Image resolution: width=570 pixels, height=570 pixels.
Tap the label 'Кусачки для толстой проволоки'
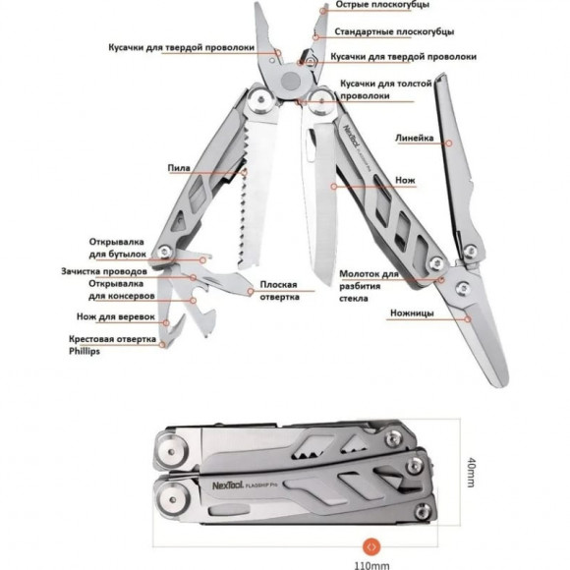tap(386, 90)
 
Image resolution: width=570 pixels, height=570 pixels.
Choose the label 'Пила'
tap(179, 168)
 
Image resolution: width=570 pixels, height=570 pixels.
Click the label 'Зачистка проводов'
tap(103, 270)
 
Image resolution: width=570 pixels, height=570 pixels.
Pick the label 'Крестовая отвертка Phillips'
tap(112, 345)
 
